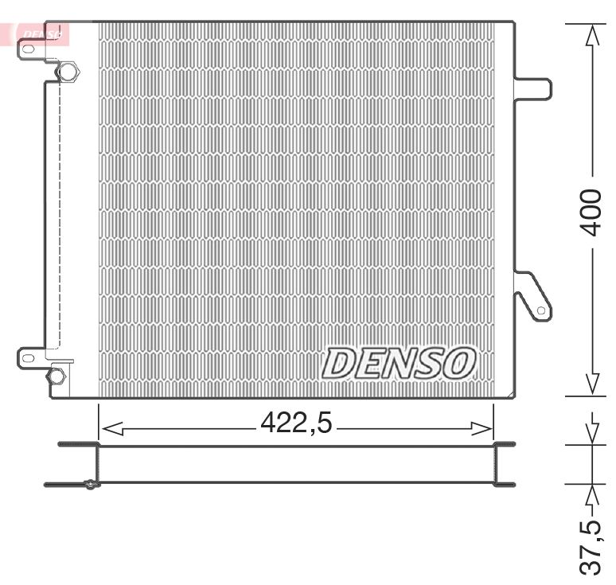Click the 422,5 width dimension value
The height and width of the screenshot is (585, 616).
click(x=296, y=423)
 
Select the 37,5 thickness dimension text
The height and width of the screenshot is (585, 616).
click(x=591, y=548)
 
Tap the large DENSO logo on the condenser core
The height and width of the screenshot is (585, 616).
click(x=399, y=363)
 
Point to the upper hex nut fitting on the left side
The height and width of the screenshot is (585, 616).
click(x=68, y=72)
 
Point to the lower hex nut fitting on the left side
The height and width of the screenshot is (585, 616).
click(x=57, y=376)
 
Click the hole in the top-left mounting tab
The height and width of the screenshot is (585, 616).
click(x=28, y=49)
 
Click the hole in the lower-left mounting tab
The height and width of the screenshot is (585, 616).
click(x=29, y=358)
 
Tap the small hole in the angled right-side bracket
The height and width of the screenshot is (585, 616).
click(x=541, y=310)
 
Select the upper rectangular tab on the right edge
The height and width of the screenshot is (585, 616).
click(x=533, y=88)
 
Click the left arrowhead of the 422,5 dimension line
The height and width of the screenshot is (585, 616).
click(x=112, y=429)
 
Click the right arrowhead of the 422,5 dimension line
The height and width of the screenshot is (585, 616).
click(x=481, y=429)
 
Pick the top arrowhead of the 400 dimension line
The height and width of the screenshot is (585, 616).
click(x=592, y=35)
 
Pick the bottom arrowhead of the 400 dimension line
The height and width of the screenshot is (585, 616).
click(x=592, y=384)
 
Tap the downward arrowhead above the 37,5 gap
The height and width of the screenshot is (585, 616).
click(x=592, y=433)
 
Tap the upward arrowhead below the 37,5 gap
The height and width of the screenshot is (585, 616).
click(x=592, y=494)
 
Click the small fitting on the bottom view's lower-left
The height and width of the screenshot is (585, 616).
click(x=91, y=485)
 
